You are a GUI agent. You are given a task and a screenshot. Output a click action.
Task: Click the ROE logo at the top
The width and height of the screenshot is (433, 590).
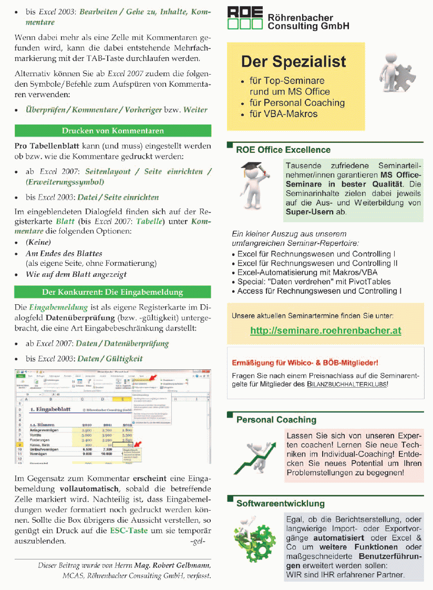pos(244,18)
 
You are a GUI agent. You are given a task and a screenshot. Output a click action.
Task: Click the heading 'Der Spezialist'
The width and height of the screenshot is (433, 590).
pos(294,61)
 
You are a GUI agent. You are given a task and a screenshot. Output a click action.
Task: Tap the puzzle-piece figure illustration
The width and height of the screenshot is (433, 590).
pos(395,74)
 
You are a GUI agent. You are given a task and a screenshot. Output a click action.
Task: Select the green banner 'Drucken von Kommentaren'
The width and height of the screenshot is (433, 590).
pos(112,131)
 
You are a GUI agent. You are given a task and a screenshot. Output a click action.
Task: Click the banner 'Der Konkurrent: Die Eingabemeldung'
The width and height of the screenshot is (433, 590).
pos(112,292)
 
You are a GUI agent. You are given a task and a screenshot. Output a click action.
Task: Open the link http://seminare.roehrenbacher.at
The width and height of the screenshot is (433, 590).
pos(325,331)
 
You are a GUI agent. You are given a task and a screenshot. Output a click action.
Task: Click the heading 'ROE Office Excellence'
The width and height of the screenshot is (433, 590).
pos(283,150)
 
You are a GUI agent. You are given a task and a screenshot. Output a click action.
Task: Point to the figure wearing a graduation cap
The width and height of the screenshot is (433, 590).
pos(254,186)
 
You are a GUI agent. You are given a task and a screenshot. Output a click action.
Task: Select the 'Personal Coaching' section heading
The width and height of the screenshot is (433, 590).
pos(276,420)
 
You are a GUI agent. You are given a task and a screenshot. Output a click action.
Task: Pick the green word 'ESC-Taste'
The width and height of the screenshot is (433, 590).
pos(129,531)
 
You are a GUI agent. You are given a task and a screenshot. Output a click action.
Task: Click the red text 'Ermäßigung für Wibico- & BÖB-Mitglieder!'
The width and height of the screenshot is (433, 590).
pos(305,363)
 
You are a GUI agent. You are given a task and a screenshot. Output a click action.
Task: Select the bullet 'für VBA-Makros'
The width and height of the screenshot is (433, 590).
pos(283,114)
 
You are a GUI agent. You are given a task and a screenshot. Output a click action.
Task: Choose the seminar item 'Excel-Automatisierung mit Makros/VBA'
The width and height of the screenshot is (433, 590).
pos(307,272)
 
